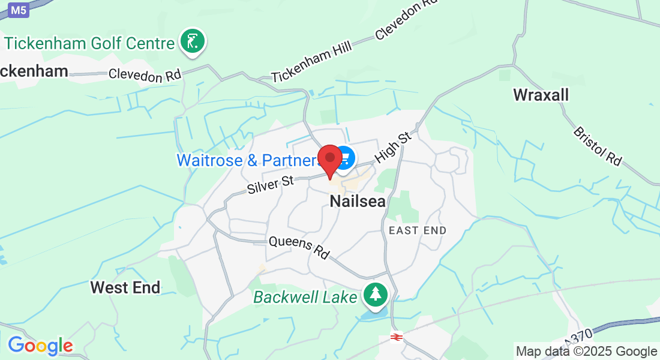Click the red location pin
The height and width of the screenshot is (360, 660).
point(329,159)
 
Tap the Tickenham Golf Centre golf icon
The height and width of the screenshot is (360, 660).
point(192,41)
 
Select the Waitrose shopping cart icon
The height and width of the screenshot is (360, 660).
point(345,158)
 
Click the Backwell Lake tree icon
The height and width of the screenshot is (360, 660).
point(376,294)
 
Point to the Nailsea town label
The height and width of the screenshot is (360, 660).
point(358,202)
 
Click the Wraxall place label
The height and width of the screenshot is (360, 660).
point(541,95)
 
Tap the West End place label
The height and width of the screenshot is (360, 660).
point(125,287)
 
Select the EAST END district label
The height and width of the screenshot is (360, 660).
point(418,230)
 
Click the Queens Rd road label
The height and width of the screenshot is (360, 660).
point(299,247)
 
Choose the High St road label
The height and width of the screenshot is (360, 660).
point(394,148)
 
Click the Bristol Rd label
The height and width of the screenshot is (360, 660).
point(597,146)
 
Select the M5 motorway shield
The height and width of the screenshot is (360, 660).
point(19,10)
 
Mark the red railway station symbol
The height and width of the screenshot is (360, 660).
point(395,337)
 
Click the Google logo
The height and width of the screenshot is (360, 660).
point(40,346)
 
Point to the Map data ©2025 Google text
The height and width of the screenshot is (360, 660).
point(586,352)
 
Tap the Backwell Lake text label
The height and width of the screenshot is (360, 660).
point(305,297)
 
